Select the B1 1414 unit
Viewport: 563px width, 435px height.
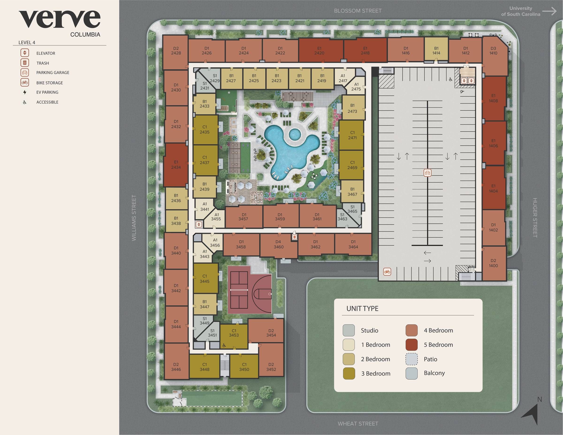coord(436,51)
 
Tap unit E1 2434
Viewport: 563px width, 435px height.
coord(176,165)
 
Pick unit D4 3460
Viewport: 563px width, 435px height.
coord(278,244)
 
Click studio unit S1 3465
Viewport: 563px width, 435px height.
coord(352,209)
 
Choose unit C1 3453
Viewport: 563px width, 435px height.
coord(234,333)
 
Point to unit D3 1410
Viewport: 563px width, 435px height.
coord(493,51)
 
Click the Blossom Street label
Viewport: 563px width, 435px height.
coord(358,11)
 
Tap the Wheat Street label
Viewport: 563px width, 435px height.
coord(358,424)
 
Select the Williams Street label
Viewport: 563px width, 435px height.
coord(134,218)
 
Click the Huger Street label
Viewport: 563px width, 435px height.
coord(535,218)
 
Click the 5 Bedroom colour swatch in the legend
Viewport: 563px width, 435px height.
coord(411,345)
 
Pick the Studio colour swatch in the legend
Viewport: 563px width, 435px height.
coord(349,330)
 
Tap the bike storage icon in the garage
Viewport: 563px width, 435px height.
coord(387,271)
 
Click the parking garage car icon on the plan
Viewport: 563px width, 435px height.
coord(427,173)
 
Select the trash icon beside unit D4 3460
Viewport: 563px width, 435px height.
coord(294,237)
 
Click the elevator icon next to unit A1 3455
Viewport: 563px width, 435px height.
coord(198,224)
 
